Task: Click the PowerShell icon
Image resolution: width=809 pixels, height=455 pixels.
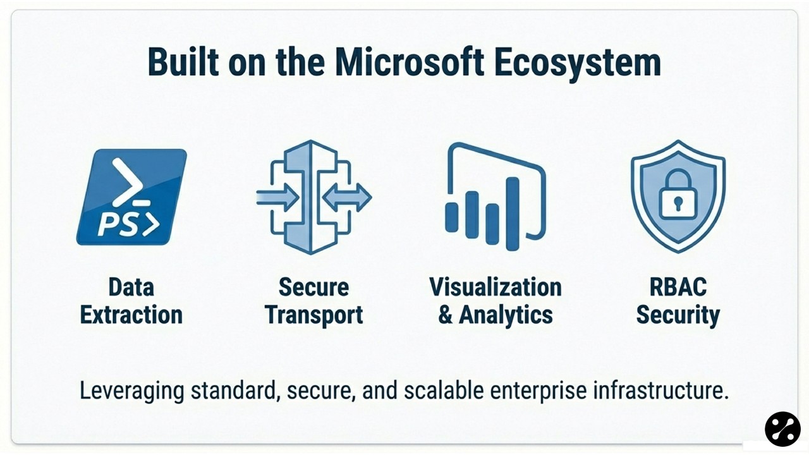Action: (131, 197)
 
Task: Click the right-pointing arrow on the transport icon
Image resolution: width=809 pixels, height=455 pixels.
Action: (277, 198)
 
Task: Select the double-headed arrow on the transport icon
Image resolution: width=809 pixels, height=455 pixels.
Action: (347, 198)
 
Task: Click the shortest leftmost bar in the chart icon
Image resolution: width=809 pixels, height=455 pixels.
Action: (451, 217)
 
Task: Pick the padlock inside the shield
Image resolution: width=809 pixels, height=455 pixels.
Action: (678, 197)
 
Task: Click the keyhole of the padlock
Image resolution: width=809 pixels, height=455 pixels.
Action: (678, 203)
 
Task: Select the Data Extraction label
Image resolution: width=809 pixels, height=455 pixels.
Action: (131, 301)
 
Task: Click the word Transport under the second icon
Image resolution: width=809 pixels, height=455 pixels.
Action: (314, 315)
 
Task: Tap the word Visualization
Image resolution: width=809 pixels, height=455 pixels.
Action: (496, 287)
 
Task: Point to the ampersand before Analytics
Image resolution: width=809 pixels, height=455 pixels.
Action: (446, 315)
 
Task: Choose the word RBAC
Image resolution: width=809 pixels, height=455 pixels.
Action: (678, 287)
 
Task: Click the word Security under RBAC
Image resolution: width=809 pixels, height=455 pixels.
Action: (678, 315)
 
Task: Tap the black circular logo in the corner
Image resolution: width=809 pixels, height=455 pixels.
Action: (782, 429)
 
